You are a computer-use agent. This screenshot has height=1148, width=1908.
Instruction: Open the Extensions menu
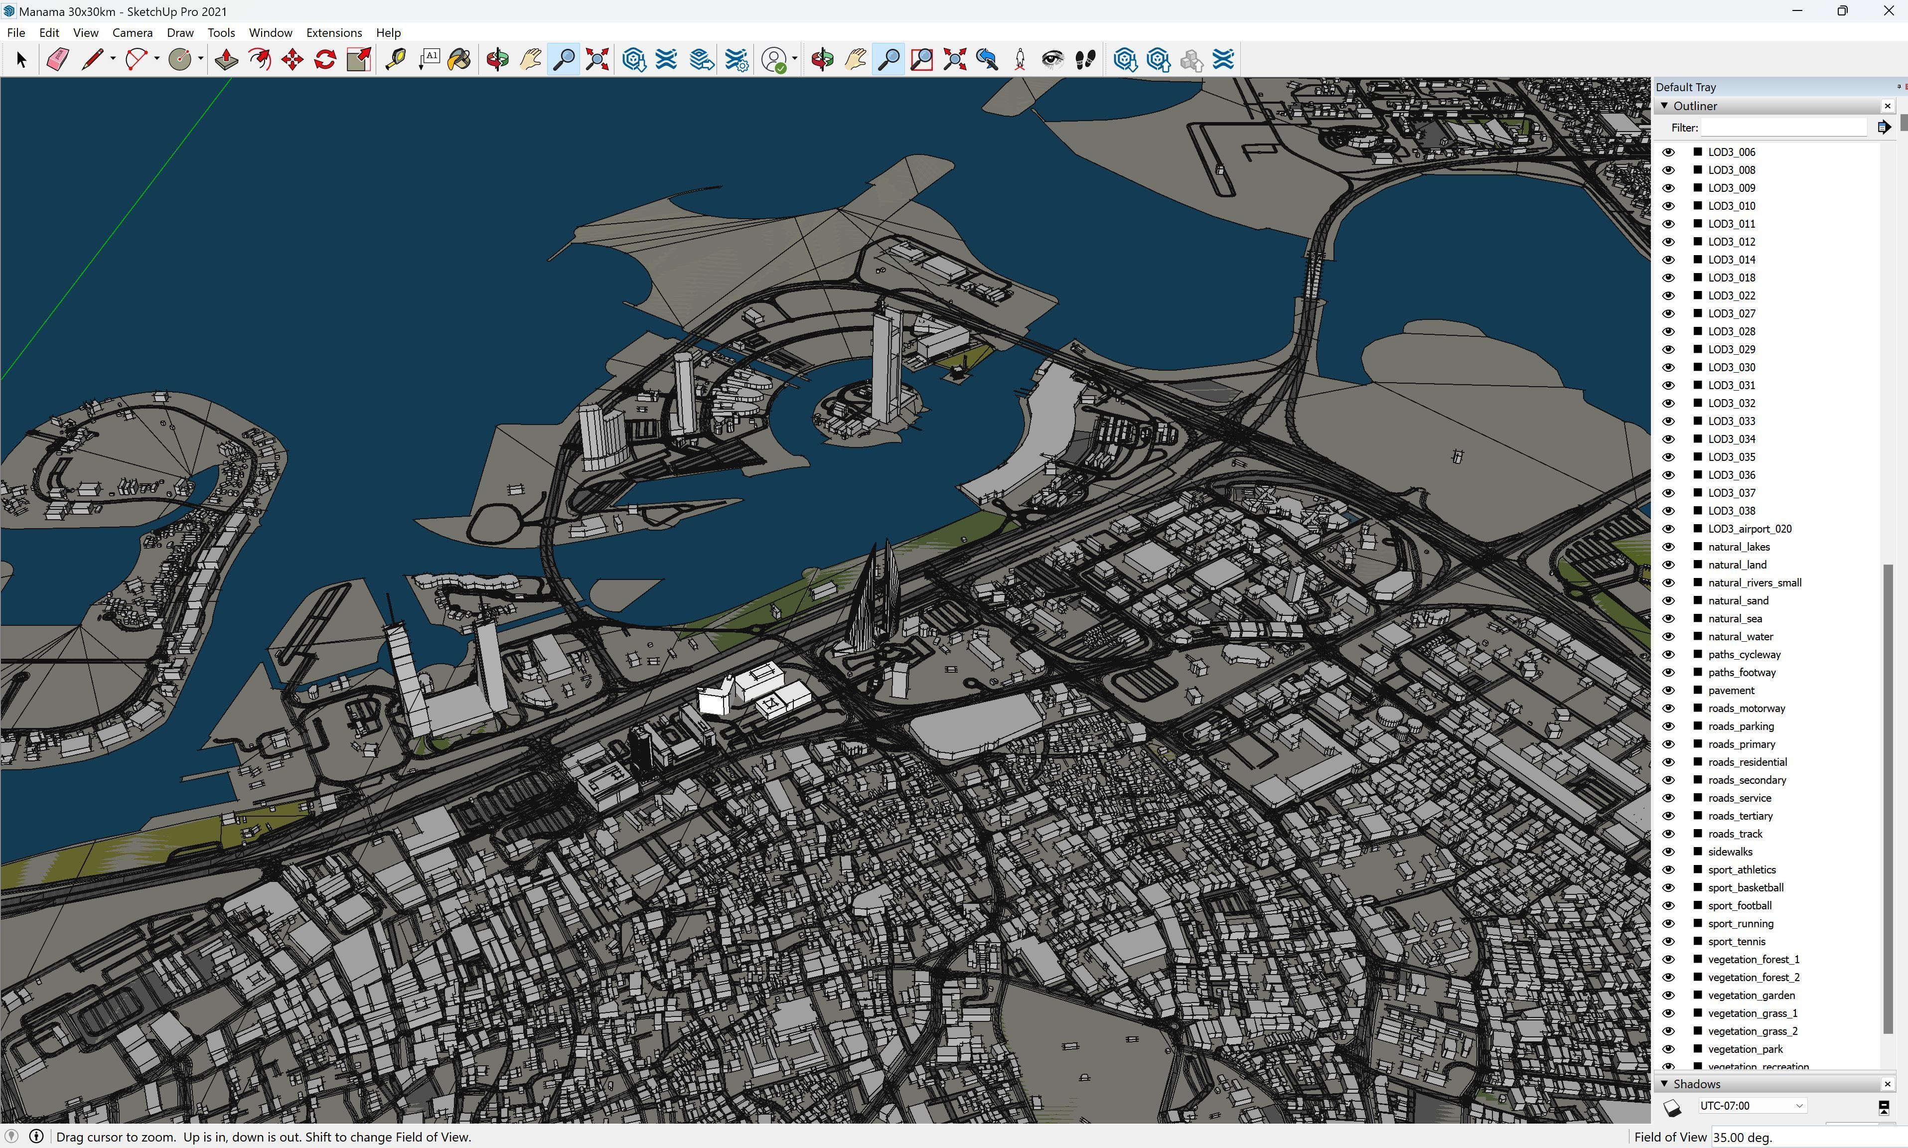point(333,32)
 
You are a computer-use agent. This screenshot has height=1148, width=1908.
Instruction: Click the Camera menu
point(132,32)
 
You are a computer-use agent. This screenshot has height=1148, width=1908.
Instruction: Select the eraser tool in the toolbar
point(58,60)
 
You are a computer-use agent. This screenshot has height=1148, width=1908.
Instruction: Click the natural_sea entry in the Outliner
point(1735,618)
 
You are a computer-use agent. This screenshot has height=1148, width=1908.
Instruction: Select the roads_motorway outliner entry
point(1747,708)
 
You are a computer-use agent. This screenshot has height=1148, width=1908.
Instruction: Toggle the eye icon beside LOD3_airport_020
point(1668,528)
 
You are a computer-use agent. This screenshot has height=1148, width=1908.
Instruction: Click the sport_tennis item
point(1736,941)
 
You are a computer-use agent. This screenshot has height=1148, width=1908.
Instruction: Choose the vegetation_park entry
point(1745,1048)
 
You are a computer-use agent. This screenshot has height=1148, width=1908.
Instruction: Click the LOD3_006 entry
point(1731,151)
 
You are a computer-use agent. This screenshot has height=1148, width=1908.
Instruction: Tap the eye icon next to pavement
point(1668,690)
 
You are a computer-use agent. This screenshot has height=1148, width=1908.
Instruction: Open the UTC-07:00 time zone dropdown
point(1752,1106)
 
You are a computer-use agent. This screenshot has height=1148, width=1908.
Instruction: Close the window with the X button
point(1888,11)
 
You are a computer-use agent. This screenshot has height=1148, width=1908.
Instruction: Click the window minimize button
point(1796,11)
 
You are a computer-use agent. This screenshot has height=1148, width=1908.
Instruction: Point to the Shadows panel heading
point(1696,1084)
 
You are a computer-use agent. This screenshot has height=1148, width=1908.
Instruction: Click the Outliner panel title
point(1695,106)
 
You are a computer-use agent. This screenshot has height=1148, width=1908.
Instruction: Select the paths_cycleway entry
point(1744,654)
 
